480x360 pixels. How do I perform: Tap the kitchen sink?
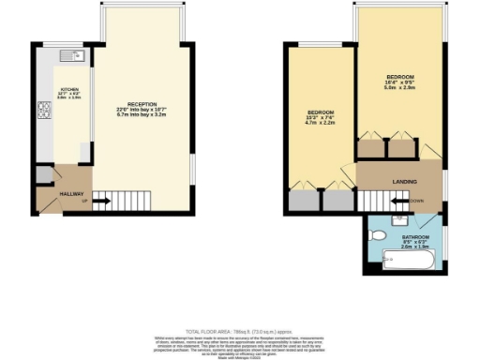click(75, 57)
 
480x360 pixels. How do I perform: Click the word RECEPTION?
click(142, 104)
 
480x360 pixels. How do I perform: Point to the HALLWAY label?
click(72, 193)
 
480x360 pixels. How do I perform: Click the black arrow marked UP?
click(101, 200)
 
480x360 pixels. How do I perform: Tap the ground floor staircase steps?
click(136, 200)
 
